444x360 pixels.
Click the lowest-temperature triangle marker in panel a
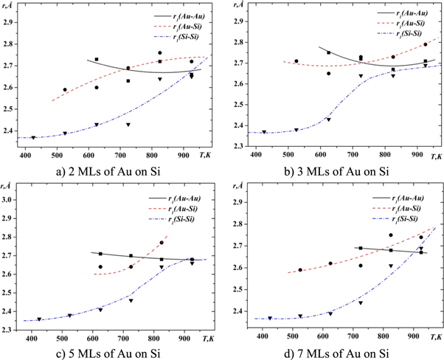33,138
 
